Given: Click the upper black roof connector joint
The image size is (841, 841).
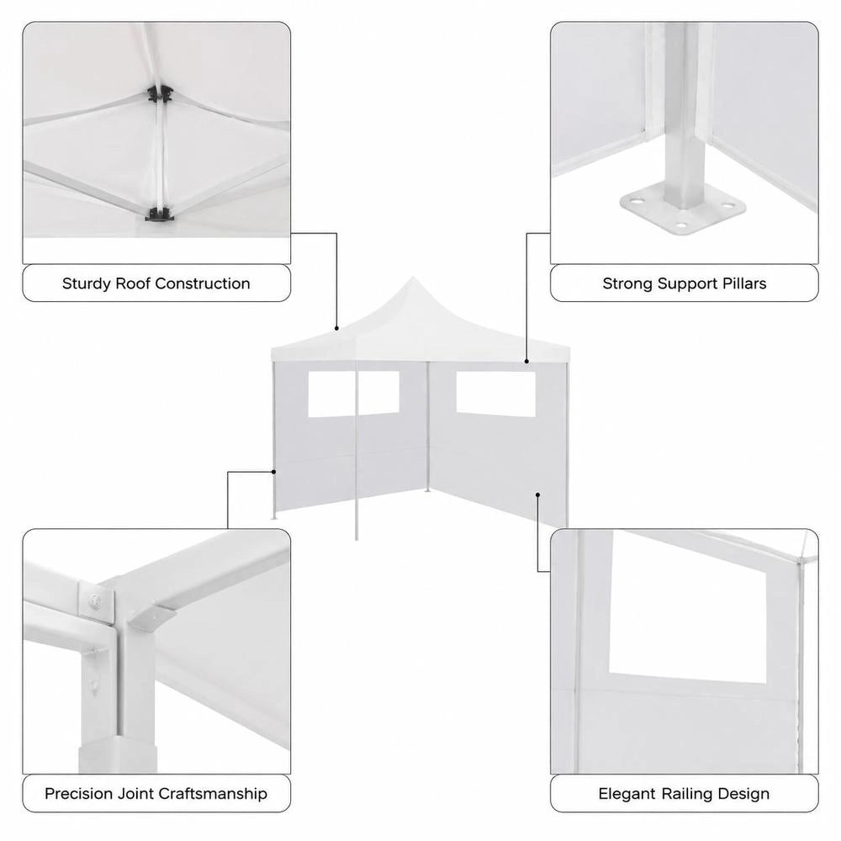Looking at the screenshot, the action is [160, 94].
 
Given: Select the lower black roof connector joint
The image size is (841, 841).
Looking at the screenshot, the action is [159, 214].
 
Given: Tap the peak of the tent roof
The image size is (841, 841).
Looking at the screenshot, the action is [412, 278].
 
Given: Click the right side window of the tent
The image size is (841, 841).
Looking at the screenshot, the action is [495, 394].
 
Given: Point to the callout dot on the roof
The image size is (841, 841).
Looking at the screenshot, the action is [337, 328].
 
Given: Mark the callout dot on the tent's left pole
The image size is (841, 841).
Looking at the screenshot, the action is [273, 472].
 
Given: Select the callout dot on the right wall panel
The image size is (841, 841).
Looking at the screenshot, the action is [537, 495].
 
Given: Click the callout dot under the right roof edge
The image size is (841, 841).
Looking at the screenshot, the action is [526, 362].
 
